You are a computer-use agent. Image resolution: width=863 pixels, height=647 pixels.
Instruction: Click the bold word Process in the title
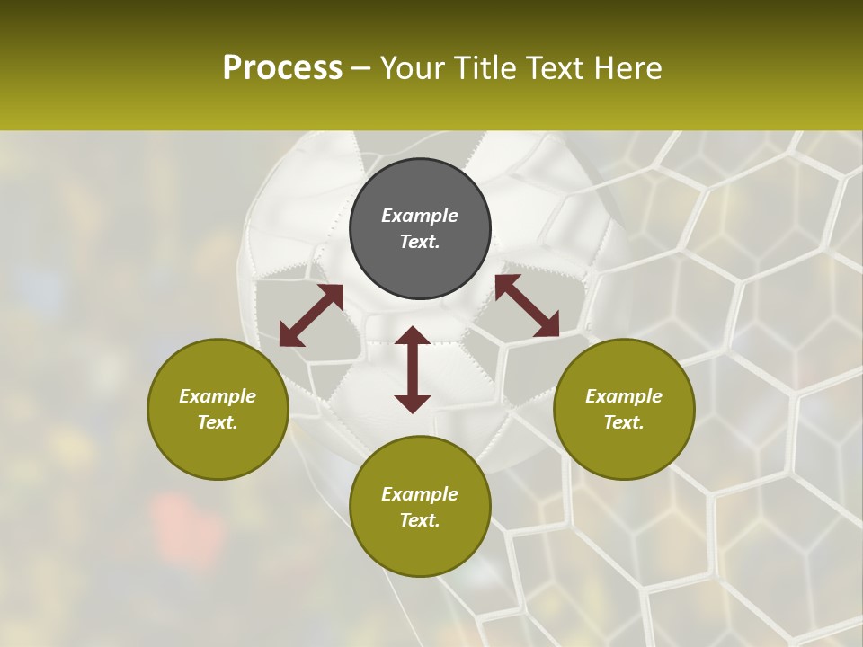(x=282, y=68)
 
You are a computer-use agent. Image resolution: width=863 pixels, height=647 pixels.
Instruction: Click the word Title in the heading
(x=483, y=68)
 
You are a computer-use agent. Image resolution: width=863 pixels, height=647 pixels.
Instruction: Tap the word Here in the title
(x=629, y=68)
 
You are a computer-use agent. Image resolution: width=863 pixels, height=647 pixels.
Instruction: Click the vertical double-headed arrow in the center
(x=413, y=369)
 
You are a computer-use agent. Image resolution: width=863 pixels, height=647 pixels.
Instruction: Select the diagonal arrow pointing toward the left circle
(x=311, y=315)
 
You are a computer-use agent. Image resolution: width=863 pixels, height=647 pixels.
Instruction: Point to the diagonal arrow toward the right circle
(x=527, y=306)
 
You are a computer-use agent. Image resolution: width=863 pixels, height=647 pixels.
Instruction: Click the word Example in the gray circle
(x=420, y=216)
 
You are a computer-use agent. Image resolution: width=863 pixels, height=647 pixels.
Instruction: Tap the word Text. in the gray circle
(x=420, y=242)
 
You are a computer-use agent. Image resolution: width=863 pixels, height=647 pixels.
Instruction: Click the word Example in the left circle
(x=218, y=396)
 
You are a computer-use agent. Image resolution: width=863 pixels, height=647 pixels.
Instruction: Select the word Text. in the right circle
(x=624, y=422)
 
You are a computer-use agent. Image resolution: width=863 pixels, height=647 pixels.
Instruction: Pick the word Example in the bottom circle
(x=420, y=494)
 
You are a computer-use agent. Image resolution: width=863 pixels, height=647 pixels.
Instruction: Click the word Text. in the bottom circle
(x=420, y=520)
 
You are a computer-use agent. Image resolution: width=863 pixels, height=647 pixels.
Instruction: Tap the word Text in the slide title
(x=556, y=68)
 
